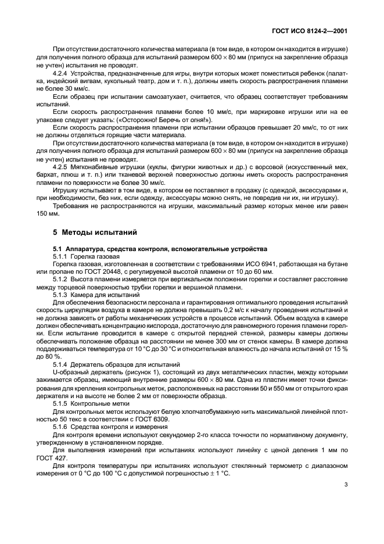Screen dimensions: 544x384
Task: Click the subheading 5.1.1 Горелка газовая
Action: click(87, 256)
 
